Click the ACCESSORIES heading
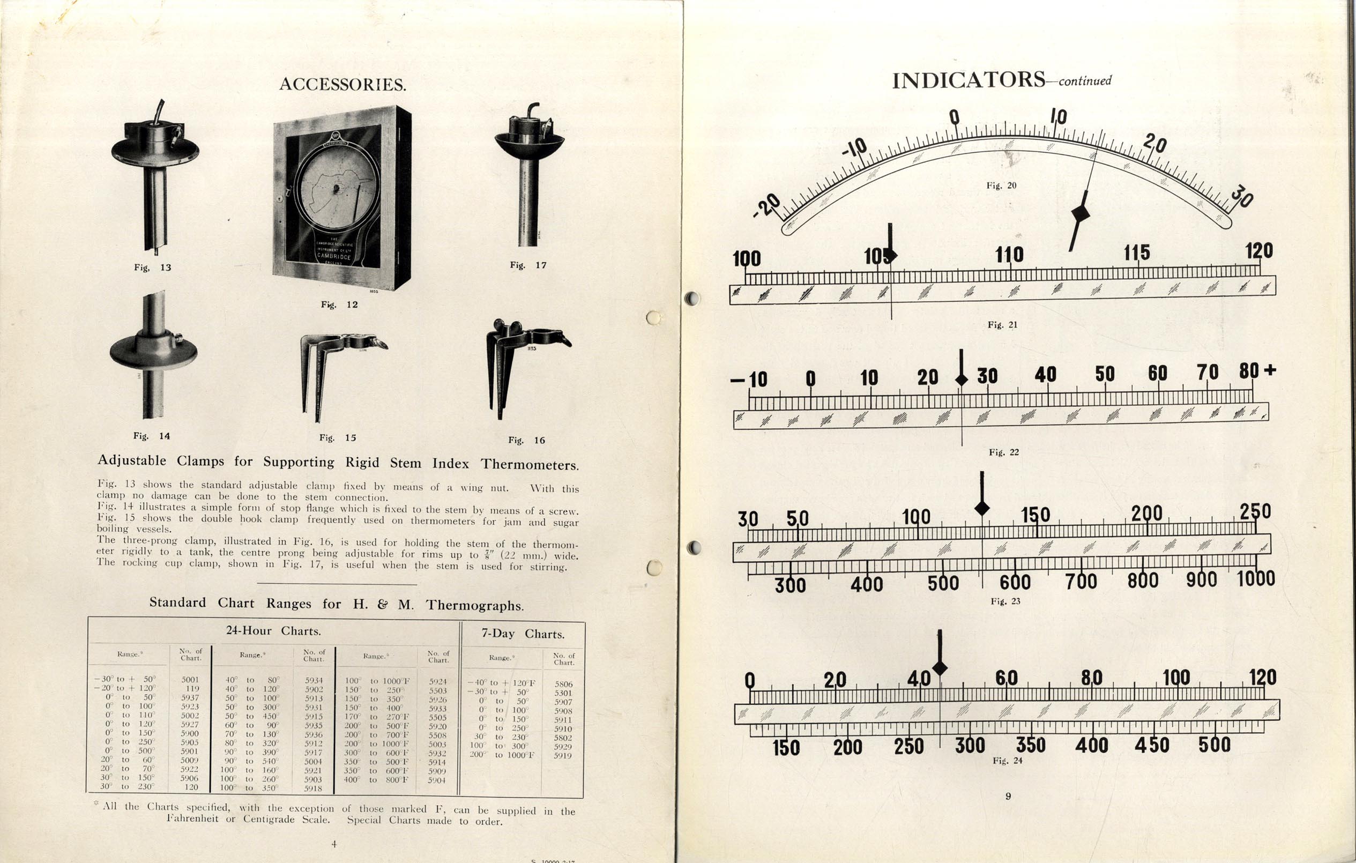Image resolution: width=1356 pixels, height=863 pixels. (342, 85)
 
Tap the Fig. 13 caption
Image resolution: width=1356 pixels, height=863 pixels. (152, 267)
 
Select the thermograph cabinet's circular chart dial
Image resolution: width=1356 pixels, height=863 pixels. (336, 188)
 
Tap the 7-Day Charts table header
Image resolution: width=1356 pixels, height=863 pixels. (522, 634)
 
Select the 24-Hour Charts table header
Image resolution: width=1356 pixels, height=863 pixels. (273, 631)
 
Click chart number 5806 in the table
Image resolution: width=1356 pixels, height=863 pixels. (563, 684)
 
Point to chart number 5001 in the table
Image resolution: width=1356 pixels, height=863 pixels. (190, 680)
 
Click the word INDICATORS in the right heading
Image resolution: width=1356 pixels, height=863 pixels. (968, 80)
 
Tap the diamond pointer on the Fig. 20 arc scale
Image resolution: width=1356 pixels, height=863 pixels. (1080, 213)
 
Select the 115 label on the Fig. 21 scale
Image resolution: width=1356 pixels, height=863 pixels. (1136, 253)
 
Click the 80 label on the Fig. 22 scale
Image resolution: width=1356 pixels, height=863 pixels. (1248, 371)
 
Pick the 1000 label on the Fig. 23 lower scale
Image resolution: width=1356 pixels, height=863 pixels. (1255, 578)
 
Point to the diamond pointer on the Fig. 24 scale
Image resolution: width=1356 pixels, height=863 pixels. (940, 668)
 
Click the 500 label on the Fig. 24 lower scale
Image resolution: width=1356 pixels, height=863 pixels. (1214, 745)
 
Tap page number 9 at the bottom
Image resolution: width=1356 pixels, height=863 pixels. (1008, 796)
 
